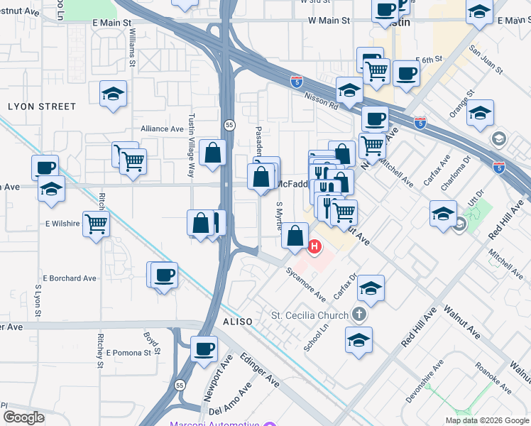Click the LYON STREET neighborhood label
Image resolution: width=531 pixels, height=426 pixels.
(42, 106)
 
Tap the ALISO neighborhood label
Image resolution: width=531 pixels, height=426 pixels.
(237, 322)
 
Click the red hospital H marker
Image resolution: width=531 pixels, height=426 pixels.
(314, 246)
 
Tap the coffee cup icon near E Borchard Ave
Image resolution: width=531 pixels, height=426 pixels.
(165, 275)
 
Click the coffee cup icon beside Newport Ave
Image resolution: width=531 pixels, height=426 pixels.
(204, 349)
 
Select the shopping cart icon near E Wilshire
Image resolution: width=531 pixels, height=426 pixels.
(96, 224)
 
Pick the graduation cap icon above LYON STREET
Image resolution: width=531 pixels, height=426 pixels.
(112, 94)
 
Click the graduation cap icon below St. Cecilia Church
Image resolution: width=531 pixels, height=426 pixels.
(359, 339)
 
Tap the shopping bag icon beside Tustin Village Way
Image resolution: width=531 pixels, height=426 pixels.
(213, 153)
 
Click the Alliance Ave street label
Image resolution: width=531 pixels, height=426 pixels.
(162, 129)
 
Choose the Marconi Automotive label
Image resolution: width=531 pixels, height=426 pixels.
(214, 424)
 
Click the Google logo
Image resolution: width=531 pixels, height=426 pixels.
(23, 417)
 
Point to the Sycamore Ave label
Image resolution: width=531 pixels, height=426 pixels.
(306, 283)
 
